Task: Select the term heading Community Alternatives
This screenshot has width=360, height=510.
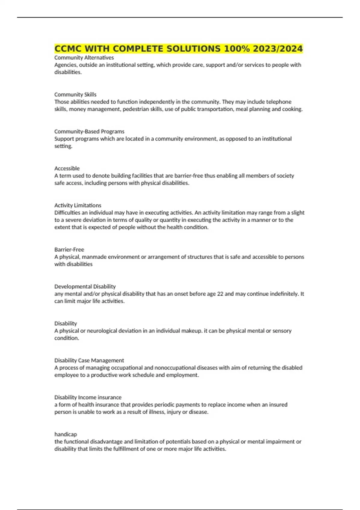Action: (84, 58)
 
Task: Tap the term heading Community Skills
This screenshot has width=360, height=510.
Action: (75, 94)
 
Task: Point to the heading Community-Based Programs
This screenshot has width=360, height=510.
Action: (89, 131)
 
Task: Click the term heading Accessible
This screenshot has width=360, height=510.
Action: (67, 168)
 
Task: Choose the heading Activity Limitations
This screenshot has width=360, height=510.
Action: (78, 205)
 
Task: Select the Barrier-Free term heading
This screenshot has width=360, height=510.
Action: (69, 250)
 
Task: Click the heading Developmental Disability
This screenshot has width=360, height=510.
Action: (85, 286)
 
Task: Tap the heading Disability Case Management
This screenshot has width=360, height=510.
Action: (89, 360)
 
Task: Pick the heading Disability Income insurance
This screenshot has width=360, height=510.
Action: (88, 397)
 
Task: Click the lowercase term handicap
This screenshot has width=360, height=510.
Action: (65, 434)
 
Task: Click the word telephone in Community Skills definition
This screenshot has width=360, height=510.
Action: (279, 102)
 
